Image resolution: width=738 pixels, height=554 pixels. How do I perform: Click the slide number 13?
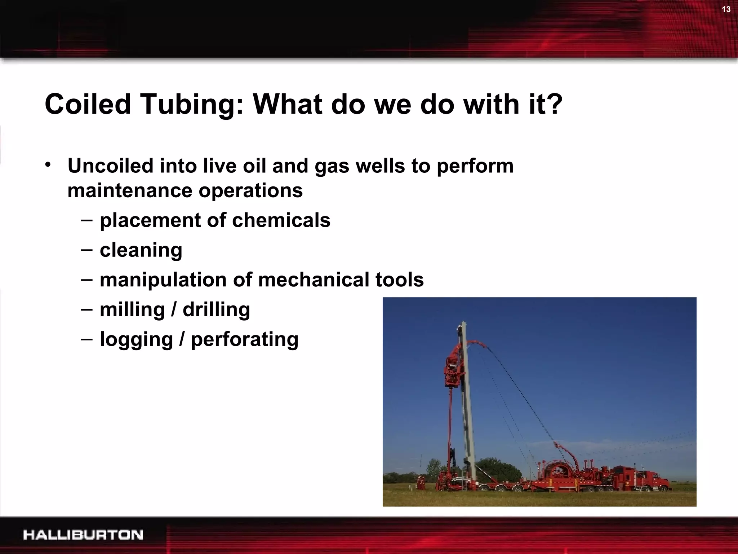pos(726,9)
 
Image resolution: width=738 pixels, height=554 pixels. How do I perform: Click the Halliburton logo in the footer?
pos(83,535)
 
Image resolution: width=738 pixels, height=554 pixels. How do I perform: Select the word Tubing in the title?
pos(186,105)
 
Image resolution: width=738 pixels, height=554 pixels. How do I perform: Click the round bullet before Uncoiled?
pos(48,165)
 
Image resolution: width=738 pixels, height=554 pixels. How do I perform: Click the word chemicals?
pos(281,220)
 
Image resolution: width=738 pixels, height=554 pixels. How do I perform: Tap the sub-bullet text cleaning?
pos(141,250)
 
